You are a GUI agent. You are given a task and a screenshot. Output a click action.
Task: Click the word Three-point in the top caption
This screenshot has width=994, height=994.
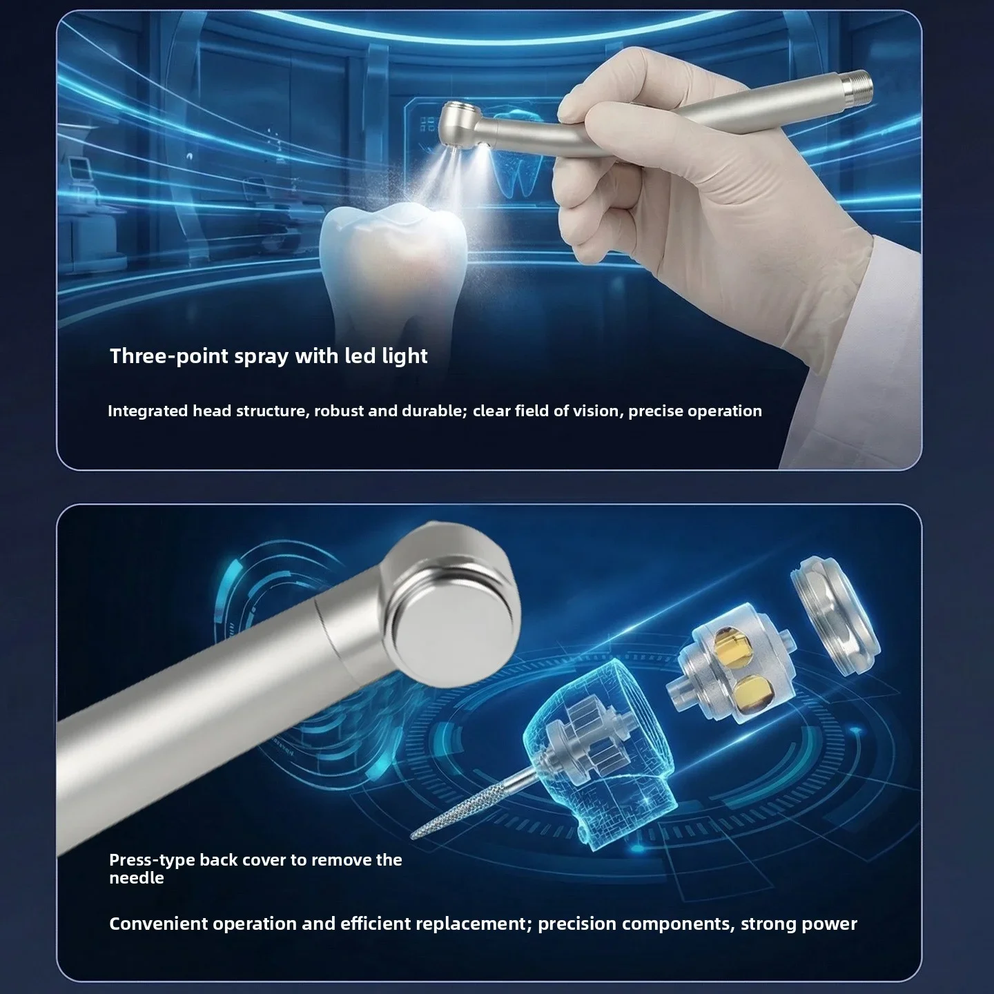click(x=168, y=356)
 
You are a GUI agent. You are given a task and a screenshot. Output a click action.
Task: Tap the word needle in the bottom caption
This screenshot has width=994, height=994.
click(x=136, y=878)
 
